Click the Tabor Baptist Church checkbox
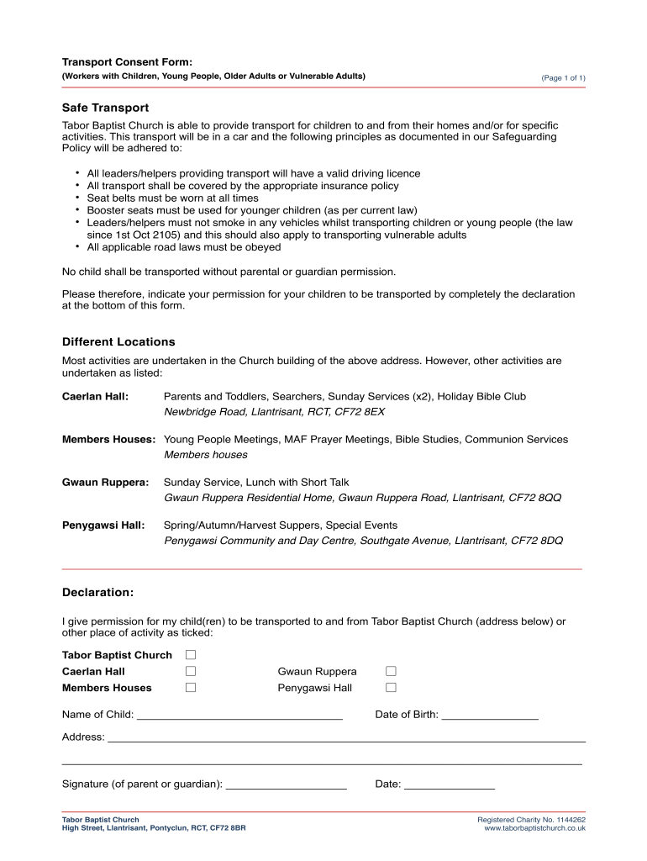point(191,654)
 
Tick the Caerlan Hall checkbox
point(191,671)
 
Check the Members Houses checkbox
point(191,687)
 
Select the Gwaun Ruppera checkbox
point(391,671)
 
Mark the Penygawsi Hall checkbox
point(391,687)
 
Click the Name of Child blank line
point(239,716)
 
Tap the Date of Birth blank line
point(489,716)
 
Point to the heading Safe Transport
point(106,108)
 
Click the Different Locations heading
point(118,342)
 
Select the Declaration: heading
point(97,593)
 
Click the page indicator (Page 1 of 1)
point(563,78)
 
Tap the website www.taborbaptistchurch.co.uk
point(534,828)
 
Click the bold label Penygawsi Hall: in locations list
point(103,526)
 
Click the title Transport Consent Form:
point(127,62)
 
